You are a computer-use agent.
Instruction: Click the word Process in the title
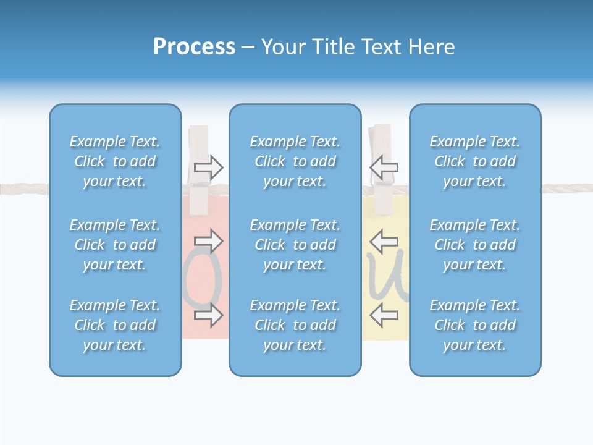(x=194, y=47)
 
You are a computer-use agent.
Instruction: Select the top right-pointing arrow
(x=209, y=167)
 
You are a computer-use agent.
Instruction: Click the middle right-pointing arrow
(x=209, y=240)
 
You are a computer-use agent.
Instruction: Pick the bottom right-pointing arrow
(x=209, y=315)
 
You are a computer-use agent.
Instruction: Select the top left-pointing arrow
(x=384, y=167)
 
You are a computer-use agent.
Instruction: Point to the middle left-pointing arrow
(x=384, y=240)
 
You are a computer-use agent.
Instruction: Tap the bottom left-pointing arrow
(x=384, y=315)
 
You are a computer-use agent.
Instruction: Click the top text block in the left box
(x=115, y=161)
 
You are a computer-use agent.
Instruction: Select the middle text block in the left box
(x=115, y=245)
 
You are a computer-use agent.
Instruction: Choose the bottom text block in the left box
(x=115, y=325)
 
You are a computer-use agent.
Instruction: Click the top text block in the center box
(x=295, y=161)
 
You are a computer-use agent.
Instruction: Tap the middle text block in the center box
(x=295, y=245)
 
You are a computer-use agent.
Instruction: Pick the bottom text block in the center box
(x=295, y=325)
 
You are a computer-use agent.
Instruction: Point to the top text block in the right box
(x=475, y=161)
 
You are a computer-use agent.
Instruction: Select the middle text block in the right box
(x=475, y=245)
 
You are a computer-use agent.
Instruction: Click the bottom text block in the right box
(x=475, y=325)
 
